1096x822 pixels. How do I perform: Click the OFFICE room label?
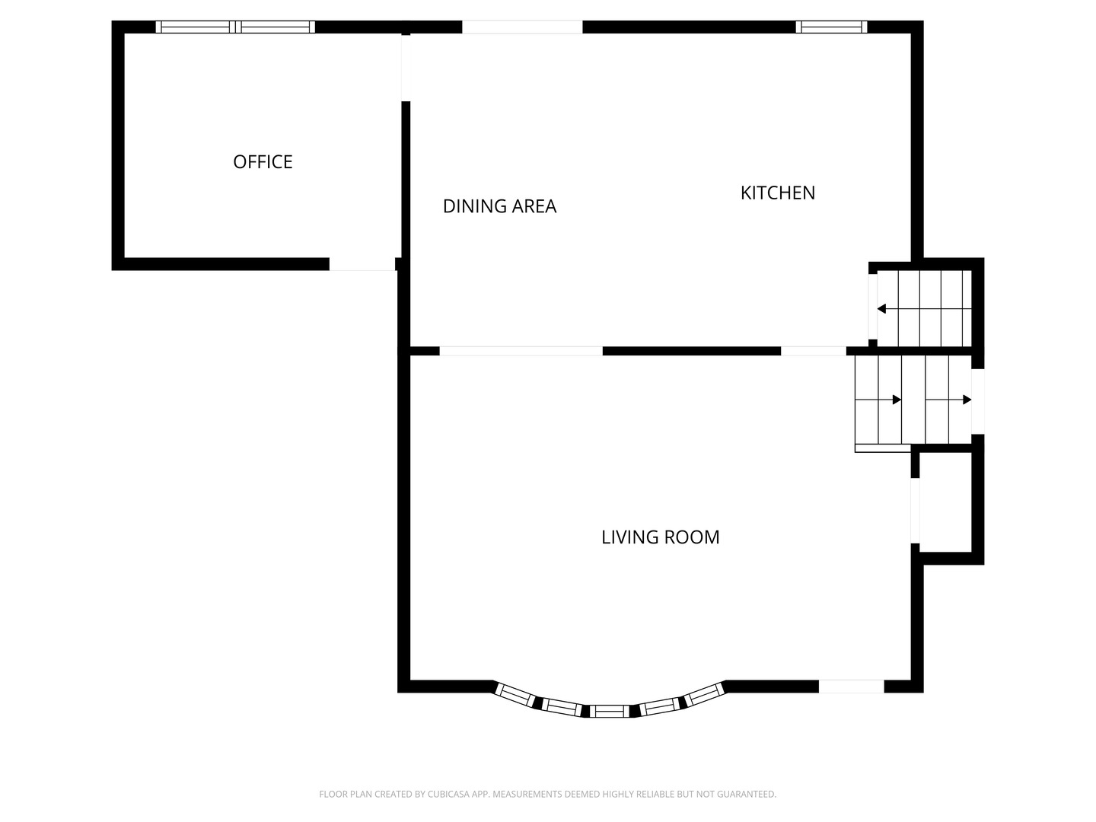pyautogui.click(x=263, y=161)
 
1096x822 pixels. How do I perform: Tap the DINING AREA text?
pyautogui.click(x=499, y=206)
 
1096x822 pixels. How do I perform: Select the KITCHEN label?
pyautogui.click(x=777, y=193)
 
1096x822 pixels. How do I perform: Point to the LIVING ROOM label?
pyautogui.click(x=660, y=537)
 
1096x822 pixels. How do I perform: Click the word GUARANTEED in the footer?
pyautogui.click(x=745, y=795)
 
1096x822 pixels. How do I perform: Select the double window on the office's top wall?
pyautogui.click(x=235, y=27)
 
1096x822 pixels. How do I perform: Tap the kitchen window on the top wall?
pyautogui.click(x=831, y=27)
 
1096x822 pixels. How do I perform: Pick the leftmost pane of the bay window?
pyautogui.click(x=515, y=694)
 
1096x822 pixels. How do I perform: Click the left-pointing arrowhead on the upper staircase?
pyautogui.click(x=881, y=309)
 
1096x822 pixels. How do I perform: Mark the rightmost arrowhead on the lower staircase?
pyautogui.click(x=967, y=400)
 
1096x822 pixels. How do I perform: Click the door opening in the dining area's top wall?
pyautogui.click(x=522, y=27)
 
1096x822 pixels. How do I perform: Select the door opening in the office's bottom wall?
pyautogui.click(x=362, y=264)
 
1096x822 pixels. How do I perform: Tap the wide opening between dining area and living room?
pyautogui.click(x=521, y=351)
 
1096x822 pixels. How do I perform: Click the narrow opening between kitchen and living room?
pyautogui.click(x=813, y=351)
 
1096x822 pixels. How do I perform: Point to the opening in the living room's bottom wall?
pyautogui.click(x=851, y=687)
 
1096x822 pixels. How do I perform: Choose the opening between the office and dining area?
pyautogui.click(x=406, y=67)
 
